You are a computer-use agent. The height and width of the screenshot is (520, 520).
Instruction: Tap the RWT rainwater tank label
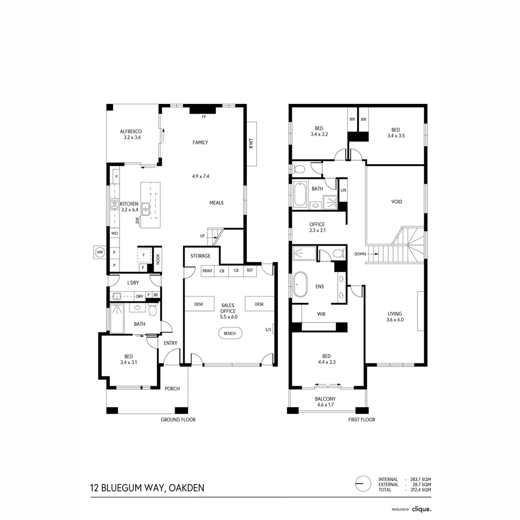coord(251,143)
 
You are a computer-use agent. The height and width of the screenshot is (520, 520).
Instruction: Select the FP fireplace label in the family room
coord(204,117)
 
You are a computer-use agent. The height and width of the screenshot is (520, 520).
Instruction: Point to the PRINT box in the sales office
coord(207,271)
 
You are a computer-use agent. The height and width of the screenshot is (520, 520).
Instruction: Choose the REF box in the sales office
coord(249,271)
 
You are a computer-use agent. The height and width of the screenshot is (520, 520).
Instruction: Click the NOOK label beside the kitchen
coord(157,260)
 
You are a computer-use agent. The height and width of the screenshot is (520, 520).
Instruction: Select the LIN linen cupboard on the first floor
coord(343,191)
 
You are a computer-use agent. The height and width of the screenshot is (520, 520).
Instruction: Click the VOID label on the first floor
coord(396,202)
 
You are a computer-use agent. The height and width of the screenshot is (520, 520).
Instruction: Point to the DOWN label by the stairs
coord(361,254)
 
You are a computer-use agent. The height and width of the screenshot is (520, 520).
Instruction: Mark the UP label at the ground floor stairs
coord(203,236)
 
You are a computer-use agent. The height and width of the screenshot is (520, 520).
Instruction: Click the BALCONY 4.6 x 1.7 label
coord(325,402)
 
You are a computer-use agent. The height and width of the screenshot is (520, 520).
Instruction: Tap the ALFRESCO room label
coord(131,134)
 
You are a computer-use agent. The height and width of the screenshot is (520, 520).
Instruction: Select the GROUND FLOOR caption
coord(178,420)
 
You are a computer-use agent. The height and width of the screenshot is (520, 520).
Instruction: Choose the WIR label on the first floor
coord(321,314)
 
